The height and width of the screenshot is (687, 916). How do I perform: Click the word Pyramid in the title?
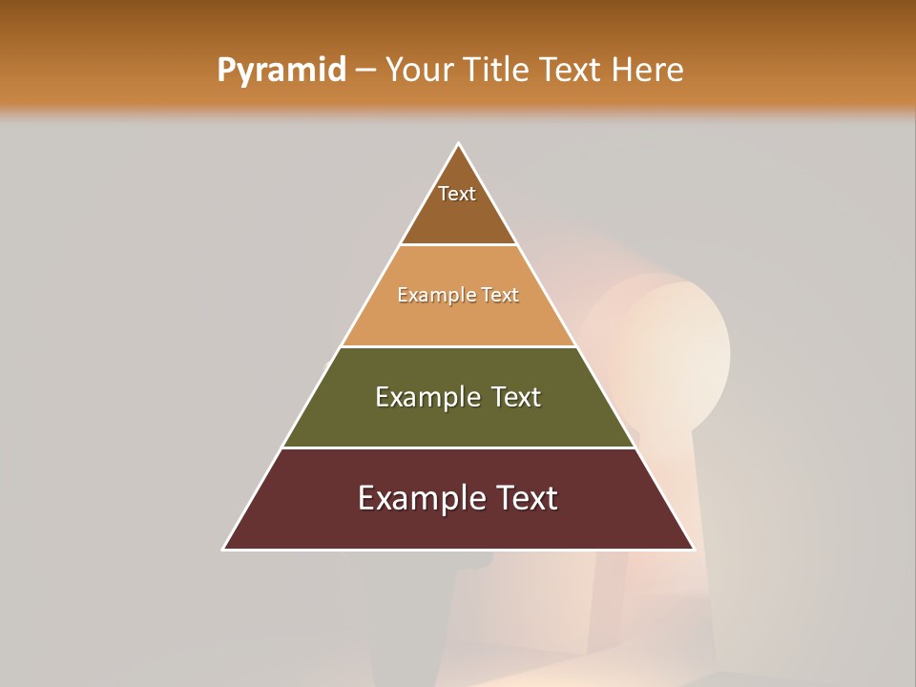click(281, 71)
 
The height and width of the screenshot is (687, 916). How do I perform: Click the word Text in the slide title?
click(572, 70)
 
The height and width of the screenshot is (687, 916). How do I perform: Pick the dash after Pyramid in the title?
click(365, 71)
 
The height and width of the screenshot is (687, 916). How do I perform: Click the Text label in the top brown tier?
click(457, 194)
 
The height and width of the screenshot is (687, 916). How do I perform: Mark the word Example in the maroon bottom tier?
click(420, 498)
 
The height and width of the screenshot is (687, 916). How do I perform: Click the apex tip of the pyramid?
click(458, 144)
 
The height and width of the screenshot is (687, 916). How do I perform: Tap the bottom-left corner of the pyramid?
click(224, 549)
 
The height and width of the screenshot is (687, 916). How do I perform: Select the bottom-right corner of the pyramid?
click(693, 549)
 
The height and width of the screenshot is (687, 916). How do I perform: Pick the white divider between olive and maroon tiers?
click(458, 448)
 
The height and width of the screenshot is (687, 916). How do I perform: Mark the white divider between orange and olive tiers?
click(458, 346)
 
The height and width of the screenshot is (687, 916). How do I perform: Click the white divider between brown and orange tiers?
click(458, 245)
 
